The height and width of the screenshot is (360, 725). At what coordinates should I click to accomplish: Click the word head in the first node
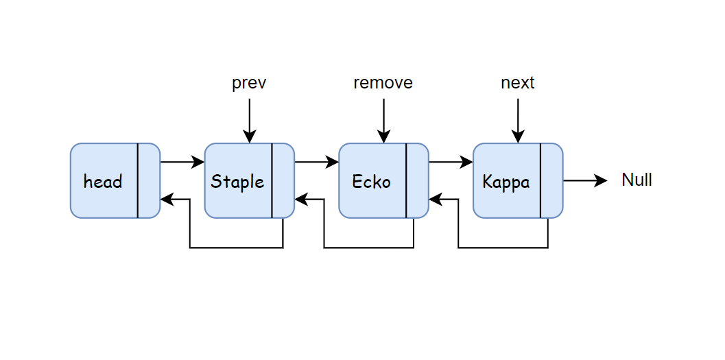click(103, 182)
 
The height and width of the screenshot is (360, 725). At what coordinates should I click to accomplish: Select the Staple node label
click(237, 182)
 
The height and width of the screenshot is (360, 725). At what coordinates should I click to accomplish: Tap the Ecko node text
click(371, 182)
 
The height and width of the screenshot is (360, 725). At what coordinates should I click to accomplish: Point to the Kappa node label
click(506, 182)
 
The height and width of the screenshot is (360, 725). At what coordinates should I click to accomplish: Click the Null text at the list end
click(637, 180)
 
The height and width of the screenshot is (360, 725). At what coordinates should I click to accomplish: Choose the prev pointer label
click(249, 83)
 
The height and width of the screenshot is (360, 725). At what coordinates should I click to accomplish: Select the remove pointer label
click(383, 83)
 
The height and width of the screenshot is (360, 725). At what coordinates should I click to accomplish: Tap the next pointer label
click(518, 83)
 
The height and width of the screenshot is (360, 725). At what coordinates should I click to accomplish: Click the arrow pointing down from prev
click(249, 121)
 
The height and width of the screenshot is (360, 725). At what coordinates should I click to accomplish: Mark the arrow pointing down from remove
click(383, 121)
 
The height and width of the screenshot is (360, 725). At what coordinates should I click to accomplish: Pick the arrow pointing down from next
click(518, 121)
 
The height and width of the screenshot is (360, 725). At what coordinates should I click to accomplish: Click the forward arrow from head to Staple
click(182, 163)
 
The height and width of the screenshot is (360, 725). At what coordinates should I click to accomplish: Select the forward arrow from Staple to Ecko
click(317, 163)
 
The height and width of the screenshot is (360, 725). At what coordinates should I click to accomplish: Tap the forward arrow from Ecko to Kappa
click(451, 163)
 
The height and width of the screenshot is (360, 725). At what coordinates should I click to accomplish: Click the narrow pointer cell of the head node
click(149, 180)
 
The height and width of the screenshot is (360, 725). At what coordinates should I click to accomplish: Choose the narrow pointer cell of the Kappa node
click(551, 180)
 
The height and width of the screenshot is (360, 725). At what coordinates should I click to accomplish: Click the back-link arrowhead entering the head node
click(166, 200)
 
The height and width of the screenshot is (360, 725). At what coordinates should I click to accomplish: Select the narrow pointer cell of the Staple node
click(283, 180)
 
